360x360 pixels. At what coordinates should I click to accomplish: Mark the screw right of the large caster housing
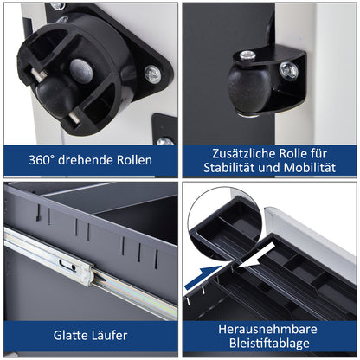pyautogui.click(x=152, y=74)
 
